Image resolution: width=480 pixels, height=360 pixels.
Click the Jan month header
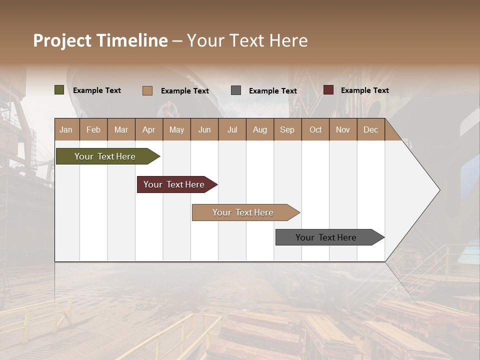[x=66, y=129]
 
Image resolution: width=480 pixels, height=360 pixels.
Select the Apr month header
[x=148, y=129]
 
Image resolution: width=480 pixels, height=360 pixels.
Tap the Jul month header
[x=232, y=129]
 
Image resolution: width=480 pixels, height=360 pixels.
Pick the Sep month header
[x=287, y=129]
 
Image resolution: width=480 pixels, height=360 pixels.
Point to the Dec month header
[x=370, y=129]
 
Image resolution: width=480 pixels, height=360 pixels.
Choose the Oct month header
[x=315, y=129]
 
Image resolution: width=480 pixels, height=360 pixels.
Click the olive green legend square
[x=59, y=90]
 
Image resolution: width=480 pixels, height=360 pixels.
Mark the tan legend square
[x=147, y=90]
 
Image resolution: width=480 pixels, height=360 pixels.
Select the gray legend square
[x=236, y=90]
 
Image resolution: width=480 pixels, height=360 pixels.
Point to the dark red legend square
[x=328, y=90]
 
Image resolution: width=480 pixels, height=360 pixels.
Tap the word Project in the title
[x=62, y=40]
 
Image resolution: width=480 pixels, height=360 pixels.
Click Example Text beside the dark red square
[x=364, y=90]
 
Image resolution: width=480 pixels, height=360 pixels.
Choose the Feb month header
[x=93, y=129]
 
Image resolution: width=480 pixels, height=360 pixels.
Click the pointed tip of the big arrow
[x=438, y=189]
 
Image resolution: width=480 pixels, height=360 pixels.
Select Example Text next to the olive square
[x=96, y=90]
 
